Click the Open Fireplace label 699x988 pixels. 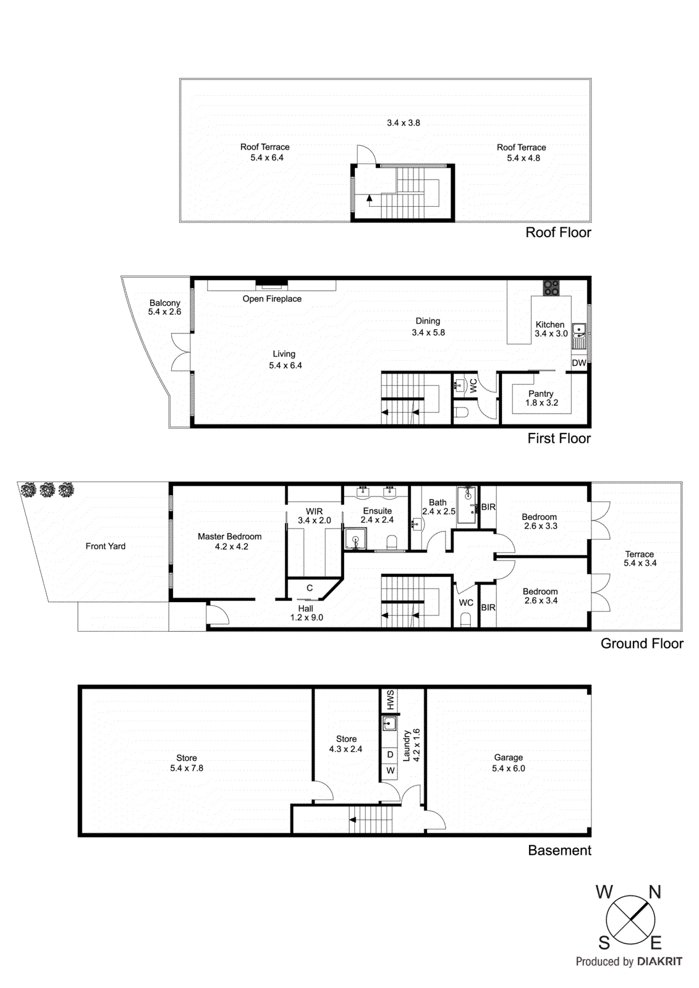click(x=272, y=299)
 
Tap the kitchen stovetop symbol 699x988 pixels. click(x=551, y=288)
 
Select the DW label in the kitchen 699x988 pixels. click(x=579, y=363)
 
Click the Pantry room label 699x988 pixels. click(x=541, y=394)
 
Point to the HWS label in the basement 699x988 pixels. click(x=391, y=700)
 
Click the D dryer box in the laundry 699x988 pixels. click(x=390, y=755)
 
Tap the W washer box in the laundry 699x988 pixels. click(x=390, y=771)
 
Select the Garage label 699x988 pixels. click(x=508, y=758)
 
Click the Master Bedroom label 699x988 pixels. click(x=229, y=537)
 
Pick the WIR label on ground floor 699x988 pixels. click(x=314, y=511)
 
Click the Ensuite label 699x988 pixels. click(x=377, y=511)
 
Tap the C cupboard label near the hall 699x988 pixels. click(x=310, y=588)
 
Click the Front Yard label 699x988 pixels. click(x=106, y=546)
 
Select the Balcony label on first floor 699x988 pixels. click(x=164, y=303)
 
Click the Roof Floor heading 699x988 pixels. click(x=558, y=233)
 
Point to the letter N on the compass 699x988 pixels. click(x=655, y=892)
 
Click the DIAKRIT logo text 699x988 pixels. click(x=659, y=961)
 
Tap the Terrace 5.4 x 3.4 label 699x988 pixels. click(x=640, y=559)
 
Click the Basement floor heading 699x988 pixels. click(x=559, y=850)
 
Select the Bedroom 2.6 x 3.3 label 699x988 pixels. click(x=540, y=521)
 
